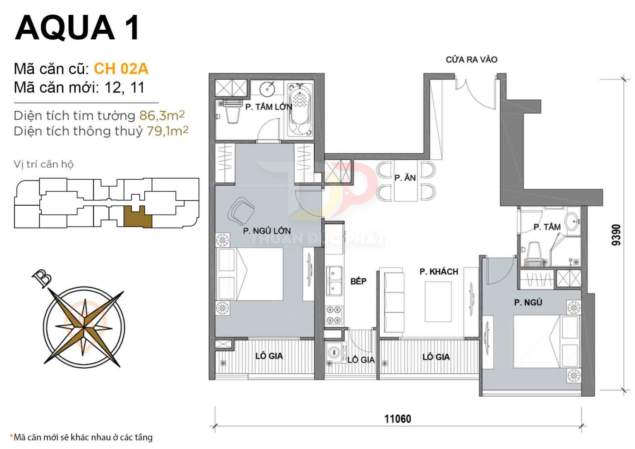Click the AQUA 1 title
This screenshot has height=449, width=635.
click(78, 28)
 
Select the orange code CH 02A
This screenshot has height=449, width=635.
click(121, 69)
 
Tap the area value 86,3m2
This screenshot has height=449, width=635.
click(162, 115)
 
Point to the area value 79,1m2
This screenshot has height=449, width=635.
click(167, 131)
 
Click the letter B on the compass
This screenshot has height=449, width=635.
click(42, 278)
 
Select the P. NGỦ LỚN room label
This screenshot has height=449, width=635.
click(267, 231)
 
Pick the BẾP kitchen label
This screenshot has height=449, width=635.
click(358, 281)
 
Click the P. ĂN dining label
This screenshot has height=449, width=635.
click(405, 178)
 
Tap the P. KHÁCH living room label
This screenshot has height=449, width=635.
click(439, 272)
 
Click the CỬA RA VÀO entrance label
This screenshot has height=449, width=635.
click(471, 59)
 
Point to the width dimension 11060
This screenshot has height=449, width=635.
click(398, 419)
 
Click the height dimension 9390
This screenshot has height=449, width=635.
click(616, 235)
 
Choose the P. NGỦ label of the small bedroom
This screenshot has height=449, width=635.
click(528, 302)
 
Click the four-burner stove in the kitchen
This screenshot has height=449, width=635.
click(334, 315)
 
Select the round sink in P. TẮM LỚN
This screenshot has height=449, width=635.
click(267, 89)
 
